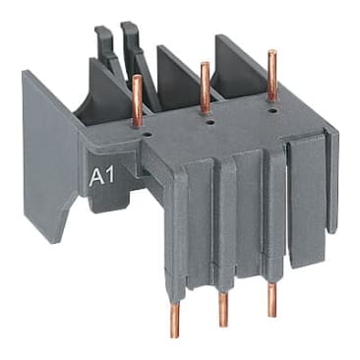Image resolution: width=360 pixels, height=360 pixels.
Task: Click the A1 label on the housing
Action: [101, 178]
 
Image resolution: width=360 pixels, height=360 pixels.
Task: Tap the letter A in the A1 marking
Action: [96, 178]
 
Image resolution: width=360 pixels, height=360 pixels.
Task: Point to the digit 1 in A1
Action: [108, 178]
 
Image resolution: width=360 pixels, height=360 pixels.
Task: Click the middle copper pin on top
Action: [204, 87]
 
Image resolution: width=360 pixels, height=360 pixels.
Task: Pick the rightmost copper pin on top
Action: [271, 75]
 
